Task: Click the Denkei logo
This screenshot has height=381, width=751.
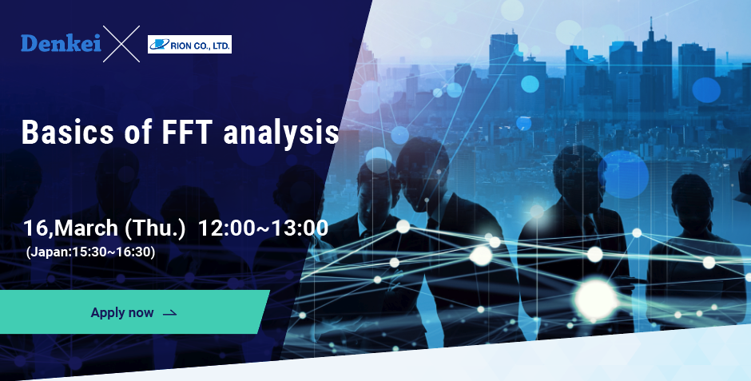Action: click(x=61, y=44)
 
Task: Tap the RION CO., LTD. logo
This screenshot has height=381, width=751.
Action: click(x=189, y=45)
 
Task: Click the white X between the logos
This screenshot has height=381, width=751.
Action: click(x=121, y=44)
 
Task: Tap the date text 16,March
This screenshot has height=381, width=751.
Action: click(x=70, y=228)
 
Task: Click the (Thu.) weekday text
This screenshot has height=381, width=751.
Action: click(x=155, y=228)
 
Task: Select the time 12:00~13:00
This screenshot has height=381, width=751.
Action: click(x=263, y=228)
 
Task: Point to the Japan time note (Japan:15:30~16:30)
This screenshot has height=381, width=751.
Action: click(x=90, y=252)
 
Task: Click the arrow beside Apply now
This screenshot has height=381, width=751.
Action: click(x=170, y=313)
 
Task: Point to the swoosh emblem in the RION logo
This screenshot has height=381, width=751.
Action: click(x=160, y=45)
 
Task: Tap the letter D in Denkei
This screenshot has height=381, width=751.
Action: click(x=28, y=44)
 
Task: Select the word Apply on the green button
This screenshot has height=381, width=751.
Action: click(x=108, y=313)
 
